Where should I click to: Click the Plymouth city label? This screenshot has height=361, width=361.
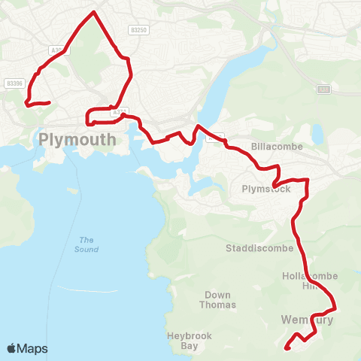coord(77,139)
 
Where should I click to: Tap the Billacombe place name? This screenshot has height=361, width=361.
coord(277,147)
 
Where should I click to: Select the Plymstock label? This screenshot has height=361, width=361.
coord(266,189)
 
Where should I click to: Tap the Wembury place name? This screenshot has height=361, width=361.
coord(306,320)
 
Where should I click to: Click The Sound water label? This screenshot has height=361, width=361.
coord(84,244)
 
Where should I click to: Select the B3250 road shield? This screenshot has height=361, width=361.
coord(138,29)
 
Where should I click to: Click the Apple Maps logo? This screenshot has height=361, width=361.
coord(27,348)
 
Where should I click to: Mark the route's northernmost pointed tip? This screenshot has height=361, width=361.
coord(94,12)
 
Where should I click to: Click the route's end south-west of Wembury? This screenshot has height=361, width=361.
coord(287,347)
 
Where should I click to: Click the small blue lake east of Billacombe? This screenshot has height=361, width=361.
coord(318,134)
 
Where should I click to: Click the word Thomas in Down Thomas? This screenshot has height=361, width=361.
coord(218,305)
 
